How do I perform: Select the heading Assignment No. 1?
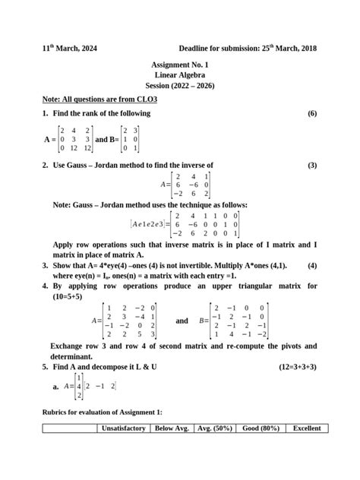(180, 66)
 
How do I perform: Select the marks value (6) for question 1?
(311, 113)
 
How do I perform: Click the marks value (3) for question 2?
(311, 165)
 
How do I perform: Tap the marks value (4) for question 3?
(311, 267)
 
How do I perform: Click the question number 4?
(46, 286)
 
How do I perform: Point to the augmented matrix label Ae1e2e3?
(149, 224)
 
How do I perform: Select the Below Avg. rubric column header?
(172, 428)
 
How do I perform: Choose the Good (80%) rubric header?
(259, 428)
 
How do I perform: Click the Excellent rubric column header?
(307, 428)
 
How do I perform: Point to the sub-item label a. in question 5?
(56, 387)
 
